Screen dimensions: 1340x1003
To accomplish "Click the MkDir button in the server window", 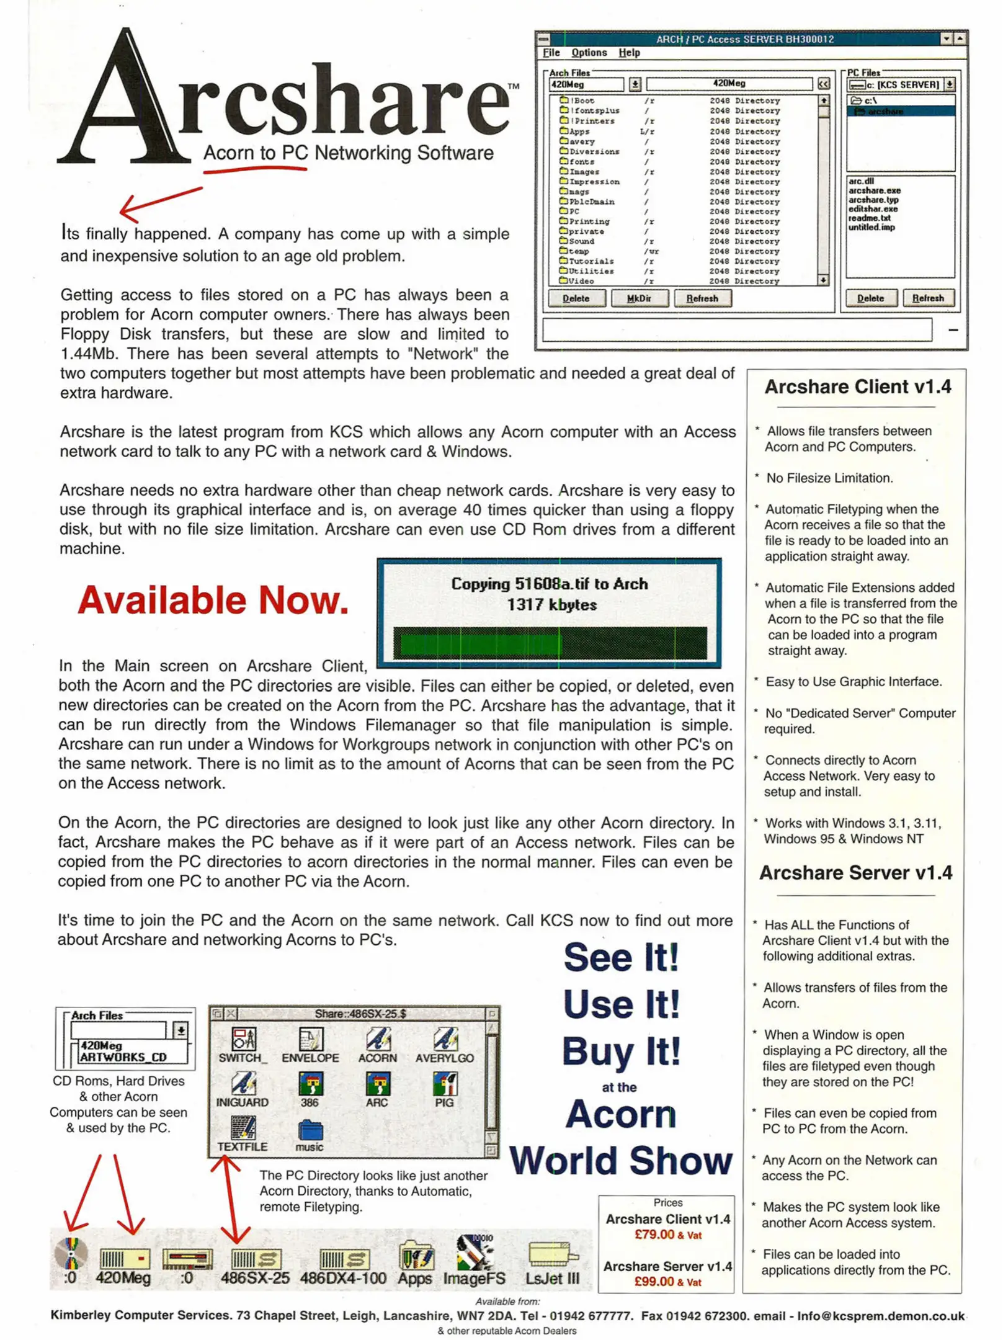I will point(638,298).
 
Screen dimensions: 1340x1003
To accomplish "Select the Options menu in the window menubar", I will point(588,53).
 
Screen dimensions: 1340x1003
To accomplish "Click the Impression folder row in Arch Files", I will point(594,182).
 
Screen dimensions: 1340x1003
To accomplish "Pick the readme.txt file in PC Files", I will point(868,218).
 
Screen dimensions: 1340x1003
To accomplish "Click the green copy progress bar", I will point(550,642).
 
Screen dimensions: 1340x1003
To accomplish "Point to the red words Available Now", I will point(213,601).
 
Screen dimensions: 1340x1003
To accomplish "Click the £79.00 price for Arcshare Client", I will point(654,1235).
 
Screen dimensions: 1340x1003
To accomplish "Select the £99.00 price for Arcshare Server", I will point(654,1282).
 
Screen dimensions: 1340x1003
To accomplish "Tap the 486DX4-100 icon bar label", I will point(342,1279).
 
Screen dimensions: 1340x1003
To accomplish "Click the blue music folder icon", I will point(310,1130).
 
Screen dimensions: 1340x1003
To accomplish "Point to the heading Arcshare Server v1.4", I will point(855,873).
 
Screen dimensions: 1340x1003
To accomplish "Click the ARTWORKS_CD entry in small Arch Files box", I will point(123,1057).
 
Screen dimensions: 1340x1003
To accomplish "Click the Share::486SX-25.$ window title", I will point(360,1014).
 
